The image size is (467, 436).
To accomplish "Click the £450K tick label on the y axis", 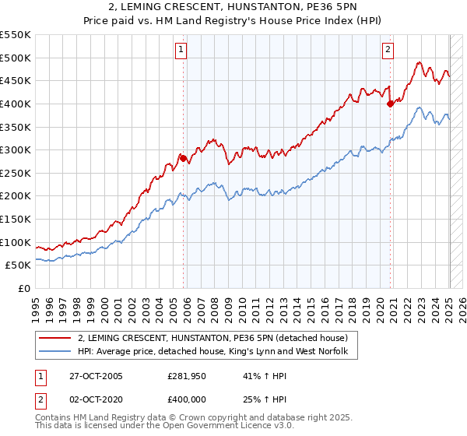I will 16,80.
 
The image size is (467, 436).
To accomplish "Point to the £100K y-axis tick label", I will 16,242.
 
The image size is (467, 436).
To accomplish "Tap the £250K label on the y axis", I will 16,173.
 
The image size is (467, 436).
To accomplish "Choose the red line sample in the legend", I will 54,338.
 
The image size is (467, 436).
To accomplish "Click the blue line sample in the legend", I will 54,352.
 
